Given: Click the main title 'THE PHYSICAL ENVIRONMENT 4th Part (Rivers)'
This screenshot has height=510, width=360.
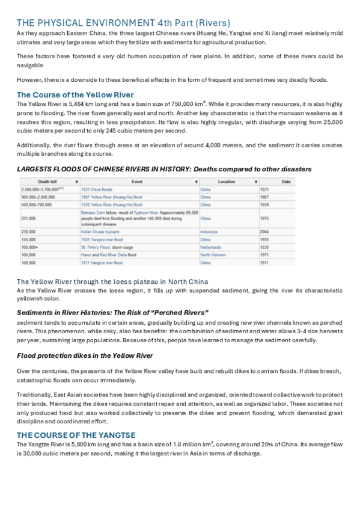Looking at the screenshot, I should coord(123,23).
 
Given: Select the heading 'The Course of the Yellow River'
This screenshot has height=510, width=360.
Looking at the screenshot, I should coord(75,94).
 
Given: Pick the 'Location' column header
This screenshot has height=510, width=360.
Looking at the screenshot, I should coord(227,181).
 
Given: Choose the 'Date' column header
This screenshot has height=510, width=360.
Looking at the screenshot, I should coord(286,181).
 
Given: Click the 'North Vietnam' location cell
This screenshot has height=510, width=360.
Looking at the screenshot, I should coord(213,255).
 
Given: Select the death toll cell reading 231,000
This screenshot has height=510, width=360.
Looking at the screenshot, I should coord(29,218).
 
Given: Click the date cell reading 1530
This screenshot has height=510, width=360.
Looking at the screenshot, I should coord(264,247).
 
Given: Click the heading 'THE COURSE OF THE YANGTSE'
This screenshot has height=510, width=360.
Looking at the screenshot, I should coord(76,434).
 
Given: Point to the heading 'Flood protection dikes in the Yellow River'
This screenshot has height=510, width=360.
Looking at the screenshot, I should coord(85,355).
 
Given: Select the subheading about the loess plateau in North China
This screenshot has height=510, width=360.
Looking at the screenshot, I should coord(112,281).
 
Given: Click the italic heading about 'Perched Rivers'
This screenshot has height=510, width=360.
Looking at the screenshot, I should coord(112,312).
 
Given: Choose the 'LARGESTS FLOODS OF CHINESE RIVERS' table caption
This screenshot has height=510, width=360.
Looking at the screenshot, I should coord(164,169).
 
